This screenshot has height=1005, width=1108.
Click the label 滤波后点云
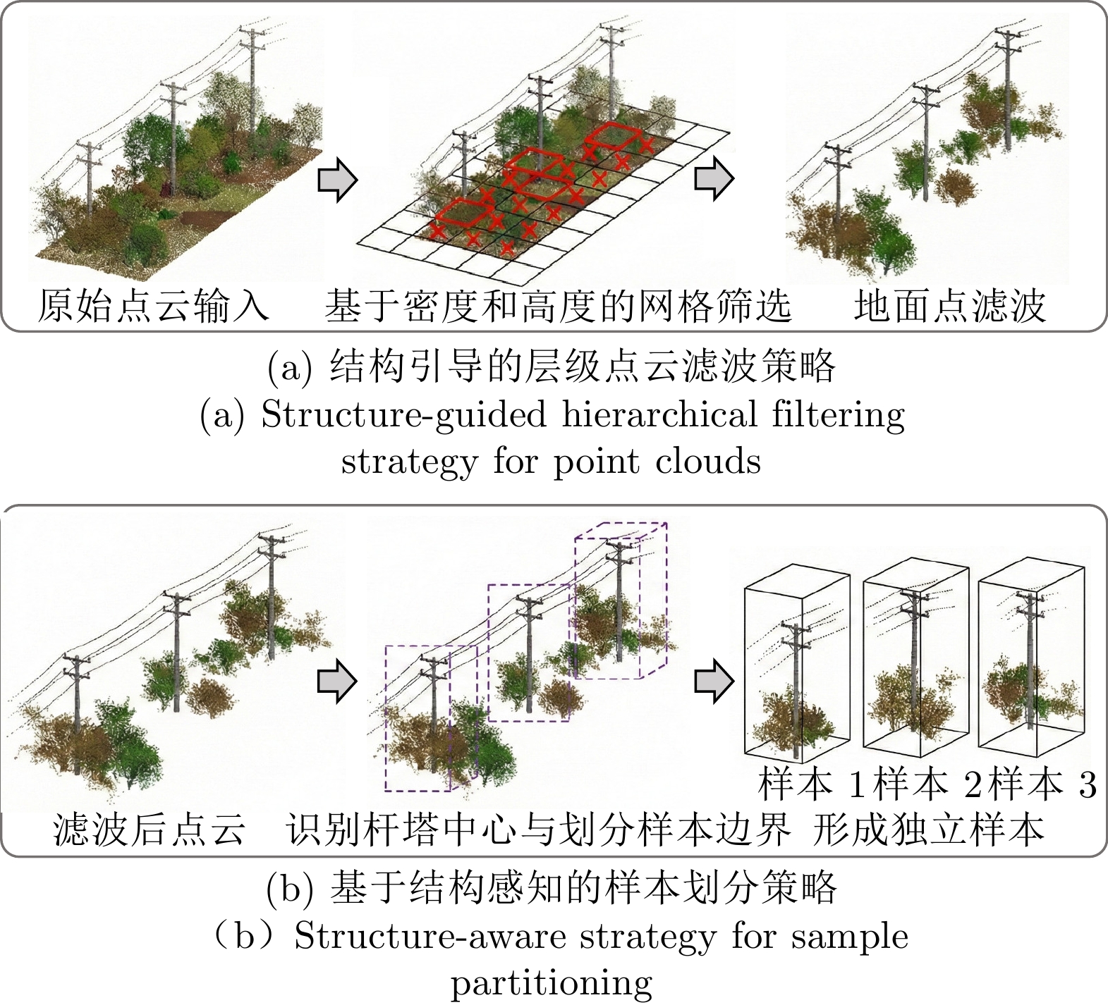[150, 829]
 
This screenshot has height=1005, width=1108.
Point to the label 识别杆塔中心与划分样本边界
[538, 830]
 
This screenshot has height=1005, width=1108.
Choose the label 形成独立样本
[928, 830]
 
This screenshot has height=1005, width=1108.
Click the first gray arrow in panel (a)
[337, 180]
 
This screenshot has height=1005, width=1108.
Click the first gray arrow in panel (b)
[337, 681]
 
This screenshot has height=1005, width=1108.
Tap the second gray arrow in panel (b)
[714, 681]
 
